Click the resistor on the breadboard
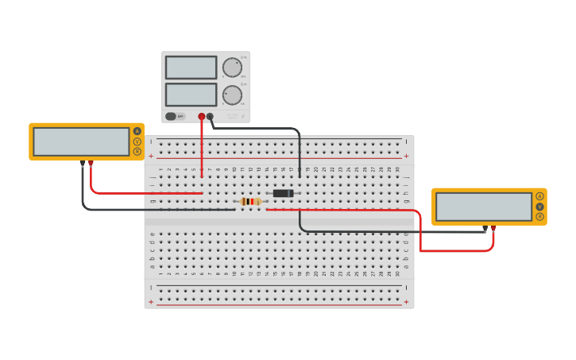point(250,202)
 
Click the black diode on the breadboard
point(283,193)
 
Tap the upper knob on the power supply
point(232,68)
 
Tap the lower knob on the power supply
point(232,95)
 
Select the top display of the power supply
point(191,68)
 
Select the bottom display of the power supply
point(191,95)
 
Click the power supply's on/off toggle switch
point(171,116)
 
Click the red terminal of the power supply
point(202,117)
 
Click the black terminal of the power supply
point(210,117)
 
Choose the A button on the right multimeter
point(540,196)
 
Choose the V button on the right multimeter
point(540,207)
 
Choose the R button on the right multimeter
point(540,216)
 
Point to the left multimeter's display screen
point(81,141)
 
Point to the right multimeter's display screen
point(484,207)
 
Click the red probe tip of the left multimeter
point(91,163)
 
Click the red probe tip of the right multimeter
point(493,229)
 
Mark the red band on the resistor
point(252,202)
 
